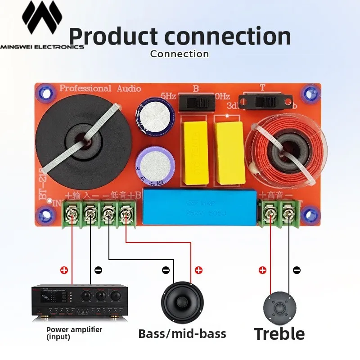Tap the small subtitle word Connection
click(180, 54)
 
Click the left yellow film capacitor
click(195, 153)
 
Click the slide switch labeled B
click(196, 103)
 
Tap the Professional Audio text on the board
click(100, 89)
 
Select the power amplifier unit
click(77, 302)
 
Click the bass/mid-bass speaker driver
click(182, 302)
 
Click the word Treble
click(279, 334)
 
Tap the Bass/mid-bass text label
click(182, 333)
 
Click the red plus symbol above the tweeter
click(262, 270)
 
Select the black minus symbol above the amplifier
click(99, 270)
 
